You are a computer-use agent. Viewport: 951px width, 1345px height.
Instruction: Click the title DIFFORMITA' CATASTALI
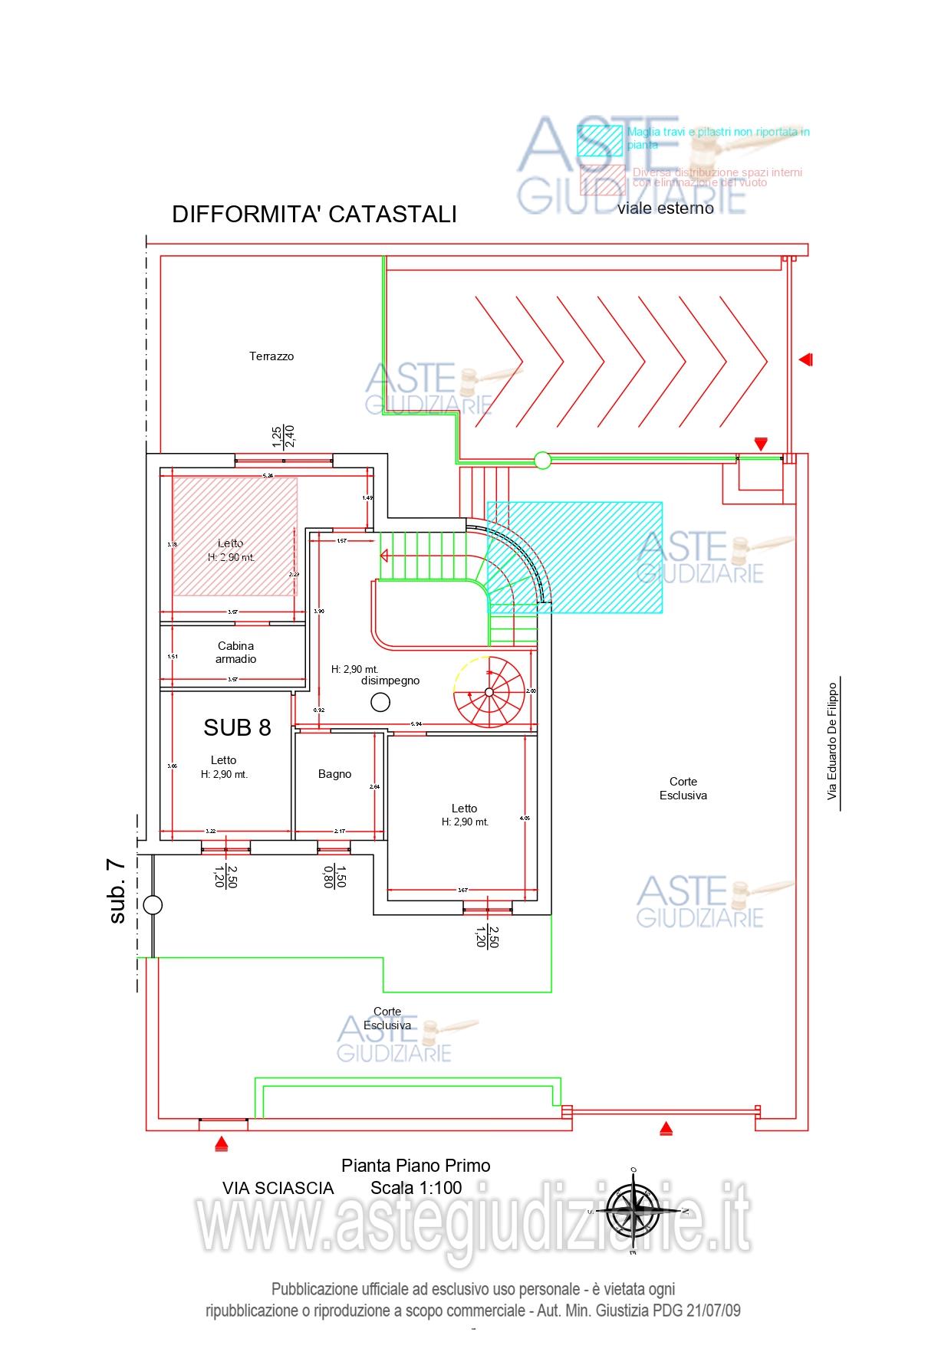[314, 214]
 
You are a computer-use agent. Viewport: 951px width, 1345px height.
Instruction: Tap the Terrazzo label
[271, 356]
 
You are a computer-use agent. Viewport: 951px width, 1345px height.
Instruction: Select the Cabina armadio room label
[235, 652]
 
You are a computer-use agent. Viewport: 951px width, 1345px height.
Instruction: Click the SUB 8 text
[237, 727]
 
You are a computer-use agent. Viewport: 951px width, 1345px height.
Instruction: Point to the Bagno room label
[334, 774]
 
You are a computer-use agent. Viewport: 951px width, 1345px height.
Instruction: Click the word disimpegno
[390, 681]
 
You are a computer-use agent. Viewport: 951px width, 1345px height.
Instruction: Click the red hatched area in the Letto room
[234, 536]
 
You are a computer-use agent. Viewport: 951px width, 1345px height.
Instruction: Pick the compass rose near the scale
[633, 1211]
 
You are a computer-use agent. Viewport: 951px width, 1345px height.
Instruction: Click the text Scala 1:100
[416, 1188]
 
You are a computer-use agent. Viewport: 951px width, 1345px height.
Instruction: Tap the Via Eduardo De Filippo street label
[832, 742]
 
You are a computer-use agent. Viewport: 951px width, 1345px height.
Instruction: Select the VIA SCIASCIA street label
[278, 1188]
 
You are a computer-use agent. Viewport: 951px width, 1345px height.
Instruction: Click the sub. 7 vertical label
[117, 891]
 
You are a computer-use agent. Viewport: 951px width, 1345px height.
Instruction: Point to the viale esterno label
[665, 208]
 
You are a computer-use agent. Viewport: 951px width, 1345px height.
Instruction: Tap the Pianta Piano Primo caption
[416, 1166]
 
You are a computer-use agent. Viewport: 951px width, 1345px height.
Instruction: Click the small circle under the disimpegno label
[380, 701]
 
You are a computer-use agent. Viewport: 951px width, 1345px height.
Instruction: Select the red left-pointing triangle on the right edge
[805, 359]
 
